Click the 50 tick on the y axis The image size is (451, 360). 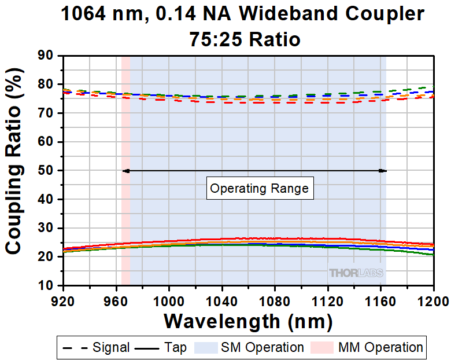46,171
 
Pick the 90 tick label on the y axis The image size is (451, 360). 46,56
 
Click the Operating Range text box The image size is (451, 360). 259,188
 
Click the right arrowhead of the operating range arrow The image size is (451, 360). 383,171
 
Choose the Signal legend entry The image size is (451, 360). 96,347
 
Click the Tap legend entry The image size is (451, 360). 161,347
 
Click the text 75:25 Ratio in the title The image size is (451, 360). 245,39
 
